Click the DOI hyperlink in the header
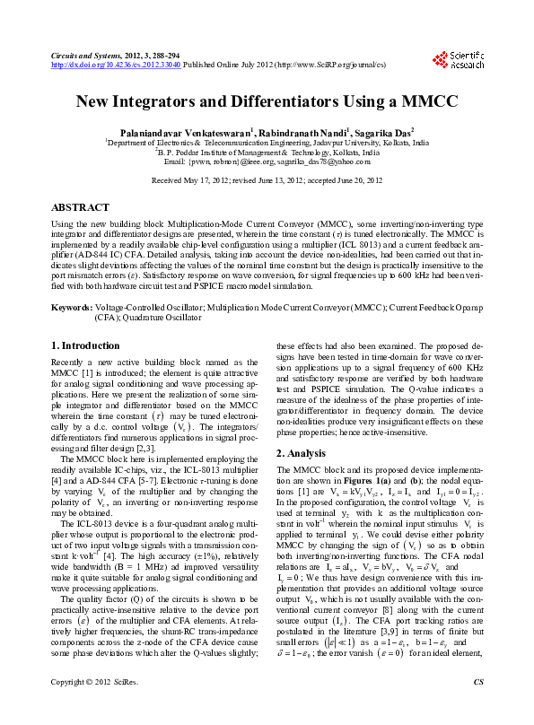117,65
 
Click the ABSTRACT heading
81,206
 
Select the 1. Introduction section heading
85,345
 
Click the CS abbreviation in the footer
477,707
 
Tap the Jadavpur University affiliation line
267,143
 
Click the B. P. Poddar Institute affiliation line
267,153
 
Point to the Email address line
267,162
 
